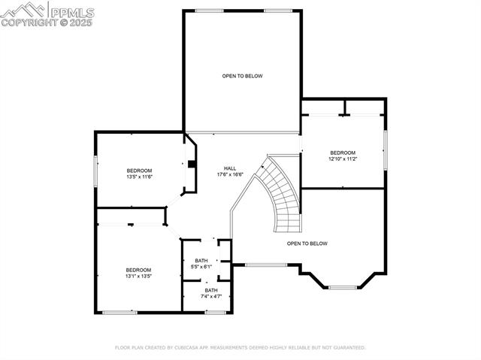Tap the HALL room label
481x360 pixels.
pyautogui.click(x=230, y=168)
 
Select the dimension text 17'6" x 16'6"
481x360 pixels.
pyautogui.click(x=230, y=174)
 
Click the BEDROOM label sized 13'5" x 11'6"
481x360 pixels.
pyautogui.click(x=139, y=171)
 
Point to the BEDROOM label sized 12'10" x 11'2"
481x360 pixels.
pyautogui.click(x=342, y=153)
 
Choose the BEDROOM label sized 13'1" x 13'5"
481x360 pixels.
pyautogui.click(x=138, y=270)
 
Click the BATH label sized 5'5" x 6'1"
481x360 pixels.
pyautogui.click(x=201, y=261)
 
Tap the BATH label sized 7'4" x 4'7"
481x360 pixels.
pyautogui.click(x=211, y=290)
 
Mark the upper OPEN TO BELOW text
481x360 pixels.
pyautogui.click(x=242, y=76)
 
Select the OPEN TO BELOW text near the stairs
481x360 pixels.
pyautogui.click(x=307, y=244)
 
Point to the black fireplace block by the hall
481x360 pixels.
pyautogui.click(x=192, y=165)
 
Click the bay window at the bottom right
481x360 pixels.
pyautogui.click(x=343, y=287)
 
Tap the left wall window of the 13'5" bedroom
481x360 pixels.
pyautogui.click(x=95, y=170)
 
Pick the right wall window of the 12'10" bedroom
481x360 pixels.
pyautogui.click(x=385, y=150)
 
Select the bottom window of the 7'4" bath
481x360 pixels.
pyautogui.click(x=216, y=311)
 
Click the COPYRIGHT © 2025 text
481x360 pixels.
pyautogui.click(x=35, y=23)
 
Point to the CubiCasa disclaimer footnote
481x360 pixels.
pyautogui.click(x=240, y=348)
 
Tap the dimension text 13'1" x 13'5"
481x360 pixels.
pyautogui.click(x=138, y=276)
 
